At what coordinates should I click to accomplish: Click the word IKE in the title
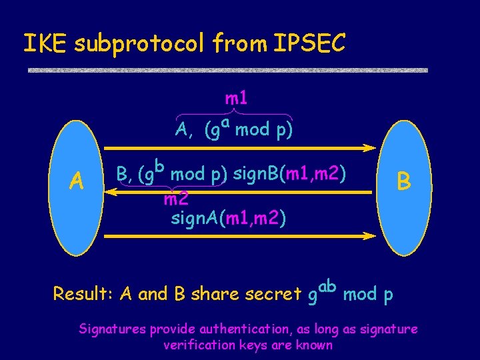(46, 43)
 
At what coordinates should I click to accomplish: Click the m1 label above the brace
(237, 99)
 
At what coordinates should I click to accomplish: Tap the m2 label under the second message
(176, 199)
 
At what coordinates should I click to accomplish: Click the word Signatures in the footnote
(113, 329)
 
